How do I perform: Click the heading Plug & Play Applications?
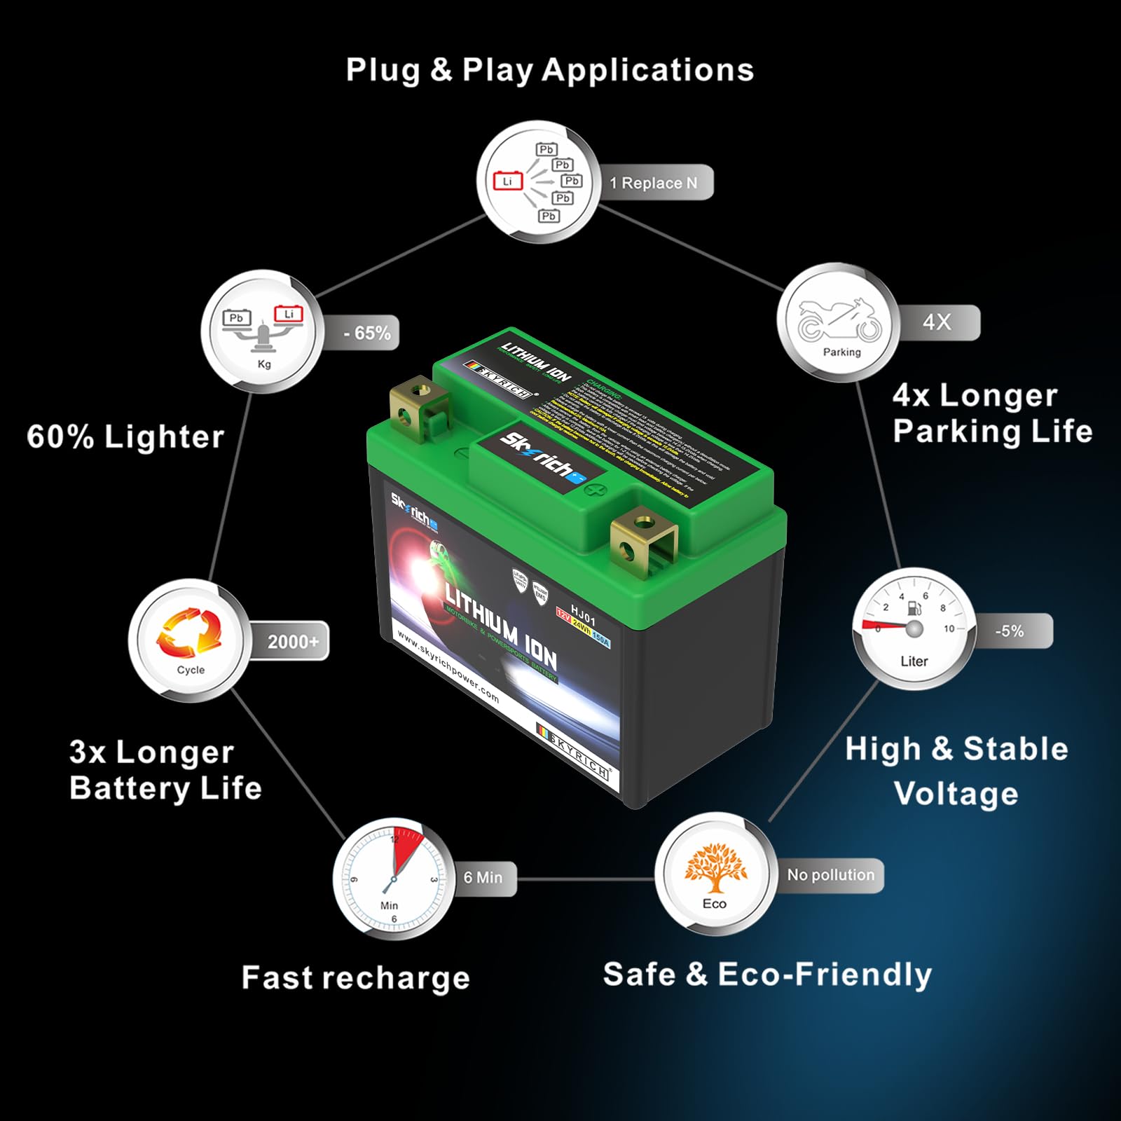tap(550, 71)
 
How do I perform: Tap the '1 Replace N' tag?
tap(654, 183)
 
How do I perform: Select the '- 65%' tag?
tap(367, 333)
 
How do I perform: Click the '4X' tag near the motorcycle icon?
tap(937, 322)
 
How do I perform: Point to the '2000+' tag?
tap(293, 641)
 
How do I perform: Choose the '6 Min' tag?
tap(483, 877)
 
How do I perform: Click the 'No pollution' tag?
tap(831, 875)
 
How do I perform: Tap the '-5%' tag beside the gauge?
tap(1010, 631)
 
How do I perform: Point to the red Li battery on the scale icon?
tap(288, 315)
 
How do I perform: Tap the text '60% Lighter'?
tap(125, 437)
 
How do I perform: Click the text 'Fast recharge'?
tap(355, 978)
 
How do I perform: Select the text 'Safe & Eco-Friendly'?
tap(767, 975)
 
